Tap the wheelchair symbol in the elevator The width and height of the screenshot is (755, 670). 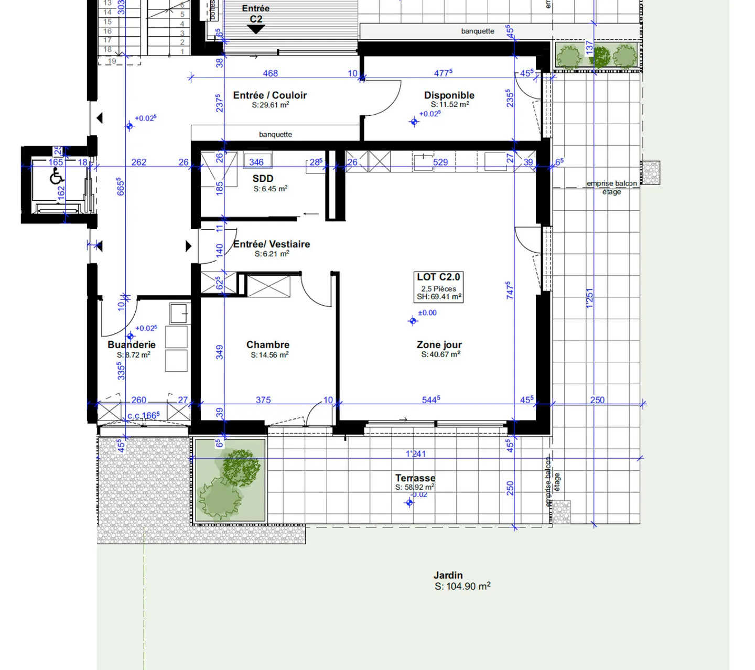click(x=57, y=178)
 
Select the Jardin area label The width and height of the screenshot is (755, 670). click(x=448, y=576)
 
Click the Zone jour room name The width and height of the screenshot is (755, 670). click(x=439, y=344)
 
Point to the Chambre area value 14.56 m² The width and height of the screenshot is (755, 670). click(x=269, y=355)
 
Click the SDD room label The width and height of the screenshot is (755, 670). click(x=263, y=178)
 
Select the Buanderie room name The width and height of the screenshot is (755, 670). click(x=132, y=344)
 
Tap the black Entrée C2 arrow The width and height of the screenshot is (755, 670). click(x=256, y=29)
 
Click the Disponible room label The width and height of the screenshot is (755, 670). click(x=449, y=95)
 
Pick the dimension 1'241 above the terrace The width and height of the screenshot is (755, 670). click(x=415, y=453)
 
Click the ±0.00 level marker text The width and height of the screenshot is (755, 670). click(x=427, y=313)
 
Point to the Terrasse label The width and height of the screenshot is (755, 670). click(x=415, y=478)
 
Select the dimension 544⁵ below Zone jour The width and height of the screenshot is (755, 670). click(x=430, y=399)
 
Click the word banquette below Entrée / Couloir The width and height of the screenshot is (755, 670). click(x=275, y=134)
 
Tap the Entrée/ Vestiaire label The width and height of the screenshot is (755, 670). click(x=271, y=244)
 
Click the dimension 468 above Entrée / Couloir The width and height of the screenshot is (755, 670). click(x=270, y=73)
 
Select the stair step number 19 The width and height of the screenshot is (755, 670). click(x=112, y=61)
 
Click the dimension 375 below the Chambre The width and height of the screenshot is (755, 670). click(x=263, y=399)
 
